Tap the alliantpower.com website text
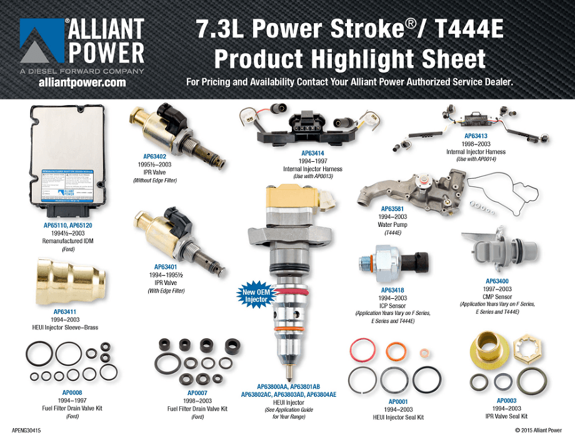(x=82, y=82)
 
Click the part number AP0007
(x=197, y=392)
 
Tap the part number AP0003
(x=507, y=400)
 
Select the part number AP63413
(x=476, y=136)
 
